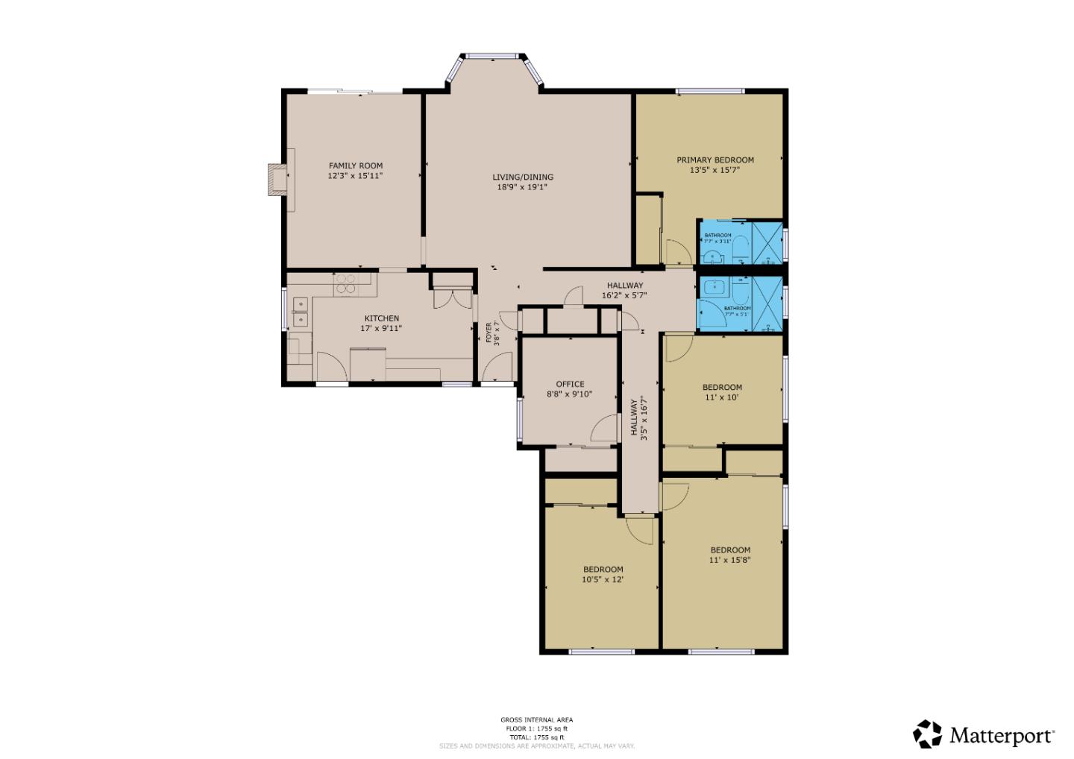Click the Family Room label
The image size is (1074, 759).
click(x=356, y=166)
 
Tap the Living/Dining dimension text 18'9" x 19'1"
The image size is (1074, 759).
click(x=522, y=187)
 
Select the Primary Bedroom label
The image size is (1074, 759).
click(x=715, y=160)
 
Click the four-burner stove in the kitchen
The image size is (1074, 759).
click(x=346, y=284)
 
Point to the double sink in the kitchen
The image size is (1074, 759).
click(x=301, y=312)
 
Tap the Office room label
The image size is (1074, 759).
click(x=570, y=384)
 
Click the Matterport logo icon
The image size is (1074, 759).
click(x=928, y=734)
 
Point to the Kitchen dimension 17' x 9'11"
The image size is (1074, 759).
click(x=381, y=328)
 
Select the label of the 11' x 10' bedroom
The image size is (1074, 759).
click(x=722, y=387)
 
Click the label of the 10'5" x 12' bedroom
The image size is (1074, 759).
click(x=603, y=569)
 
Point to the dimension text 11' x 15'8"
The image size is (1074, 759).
click(x=729, y=560)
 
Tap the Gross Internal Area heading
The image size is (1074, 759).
click(x=536, y=719)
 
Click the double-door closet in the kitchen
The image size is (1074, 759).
click(x=452, y=297)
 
